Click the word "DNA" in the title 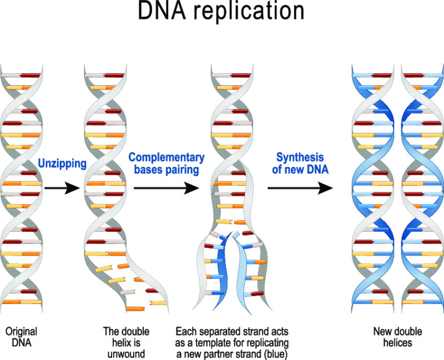tap(164, 11)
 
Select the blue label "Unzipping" tap(62, 163)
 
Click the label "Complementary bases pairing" tap(167, 164)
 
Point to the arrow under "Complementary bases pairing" tap(167, 189)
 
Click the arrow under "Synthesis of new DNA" tap(300, 189)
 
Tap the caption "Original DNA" tap(21, 337)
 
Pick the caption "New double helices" tap(397, 337)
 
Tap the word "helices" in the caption tap(397, 342)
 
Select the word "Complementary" tap(167, 158)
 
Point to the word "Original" tap(21, 332)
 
